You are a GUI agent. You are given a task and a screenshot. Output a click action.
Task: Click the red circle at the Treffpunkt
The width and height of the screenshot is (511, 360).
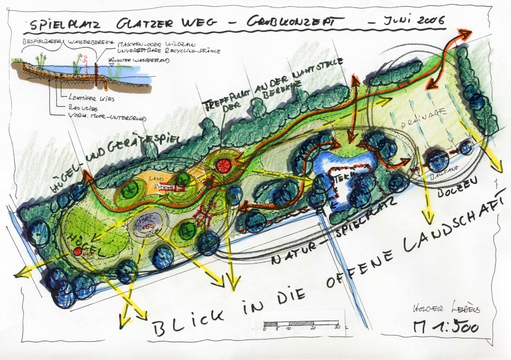click(x=223, y=165)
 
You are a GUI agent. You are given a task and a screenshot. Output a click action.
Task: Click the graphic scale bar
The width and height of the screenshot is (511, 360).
click(x=301, y=325)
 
